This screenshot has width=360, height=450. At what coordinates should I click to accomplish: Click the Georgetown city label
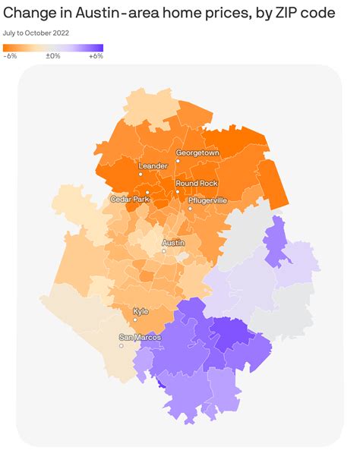(197, 153)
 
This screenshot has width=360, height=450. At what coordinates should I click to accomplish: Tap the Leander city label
(152, 165)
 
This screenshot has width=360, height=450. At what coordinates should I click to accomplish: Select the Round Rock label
(197, 183)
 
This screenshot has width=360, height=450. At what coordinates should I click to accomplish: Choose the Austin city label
(173, 243)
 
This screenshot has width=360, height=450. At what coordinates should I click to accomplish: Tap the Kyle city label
(141, 311)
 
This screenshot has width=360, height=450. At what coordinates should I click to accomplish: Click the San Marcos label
(138, 337)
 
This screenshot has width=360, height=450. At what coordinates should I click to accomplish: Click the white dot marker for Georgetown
(178, 161)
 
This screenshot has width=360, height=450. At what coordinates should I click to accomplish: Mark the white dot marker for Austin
(163, 251)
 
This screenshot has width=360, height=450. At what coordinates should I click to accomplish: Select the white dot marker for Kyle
(134, 319)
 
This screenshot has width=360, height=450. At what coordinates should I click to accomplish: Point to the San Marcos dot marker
(121, 345)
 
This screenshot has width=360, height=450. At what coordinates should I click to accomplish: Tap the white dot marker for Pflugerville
(190, 208)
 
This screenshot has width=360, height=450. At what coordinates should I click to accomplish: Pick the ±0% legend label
(52, 56)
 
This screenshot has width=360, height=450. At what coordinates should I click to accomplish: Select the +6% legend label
(96, 56)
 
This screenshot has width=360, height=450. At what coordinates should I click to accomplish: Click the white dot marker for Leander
(141, 174)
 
